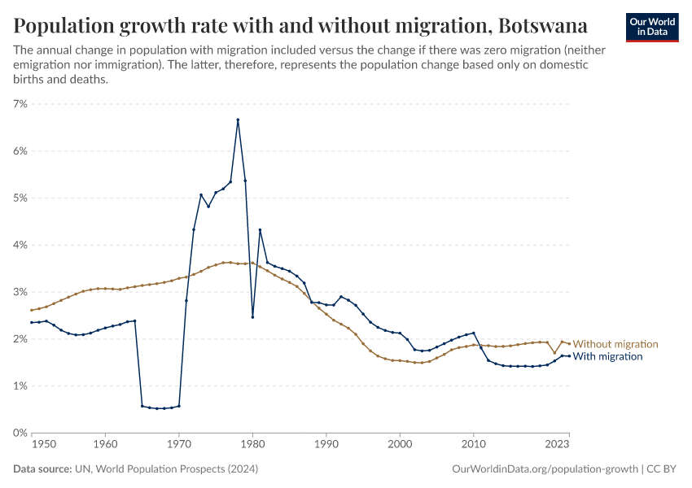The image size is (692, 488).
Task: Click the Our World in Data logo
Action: point(651,27)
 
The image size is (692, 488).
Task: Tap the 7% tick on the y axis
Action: point(20,104)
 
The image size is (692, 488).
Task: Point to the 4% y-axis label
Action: point(20,245)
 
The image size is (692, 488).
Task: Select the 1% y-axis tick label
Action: point(20,386)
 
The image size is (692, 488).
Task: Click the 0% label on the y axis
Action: point(20,433)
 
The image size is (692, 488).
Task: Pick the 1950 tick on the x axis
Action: point(44,445)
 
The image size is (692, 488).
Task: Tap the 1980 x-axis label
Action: point(252,445)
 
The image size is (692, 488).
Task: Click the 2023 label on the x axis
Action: point(557,445)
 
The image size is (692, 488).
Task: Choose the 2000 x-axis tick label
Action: point(400,445)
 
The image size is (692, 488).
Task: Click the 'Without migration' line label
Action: point(615,344)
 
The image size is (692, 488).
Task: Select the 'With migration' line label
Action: point(608,356)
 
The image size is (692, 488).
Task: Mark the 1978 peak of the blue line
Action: point(238,120)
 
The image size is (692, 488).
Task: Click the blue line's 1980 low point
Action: point(252,317)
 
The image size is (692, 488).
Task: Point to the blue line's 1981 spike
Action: point(260,230)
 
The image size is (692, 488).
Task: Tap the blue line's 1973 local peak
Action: point(200,195)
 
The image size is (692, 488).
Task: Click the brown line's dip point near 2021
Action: point(554,353)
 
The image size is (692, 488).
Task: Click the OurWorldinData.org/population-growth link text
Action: point(544,469)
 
